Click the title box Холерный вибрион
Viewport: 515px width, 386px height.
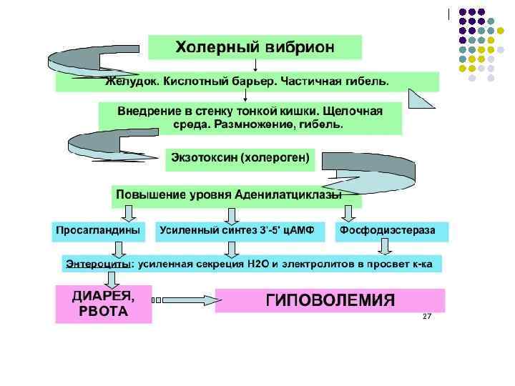click(x=255, y=47)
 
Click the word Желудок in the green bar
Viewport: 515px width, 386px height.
click(x=128, y=81)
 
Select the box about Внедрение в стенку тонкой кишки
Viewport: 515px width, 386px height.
click(x=250, y=118)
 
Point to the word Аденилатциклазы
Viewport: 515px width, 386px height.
click(x=295, y=194)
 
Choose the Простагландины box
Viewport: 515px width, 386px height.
click(x=99, y=231)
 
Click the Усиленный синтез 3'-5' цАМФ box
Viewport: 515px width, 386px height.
click(x=232, y=231)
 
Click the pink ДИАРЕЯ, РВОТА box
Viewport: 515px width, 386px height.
click(x=104, y=305)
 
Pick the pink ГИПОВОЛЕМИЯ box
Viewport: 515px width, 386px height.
click(x=330, y=300)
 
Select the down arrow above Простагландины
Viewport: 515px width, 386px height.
click(x=127, y=212)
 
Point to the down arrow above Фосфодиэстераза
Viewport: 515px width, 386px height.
click(x=348, y=212)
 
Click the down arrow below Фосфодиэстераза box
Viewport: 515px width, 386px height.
click(x=385, y=247)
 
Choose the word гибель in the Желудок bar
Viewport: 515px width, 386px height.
click(x=369, y=81)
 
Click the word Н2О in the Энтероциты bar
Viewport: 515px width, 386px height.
click(x=255, y=264)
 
